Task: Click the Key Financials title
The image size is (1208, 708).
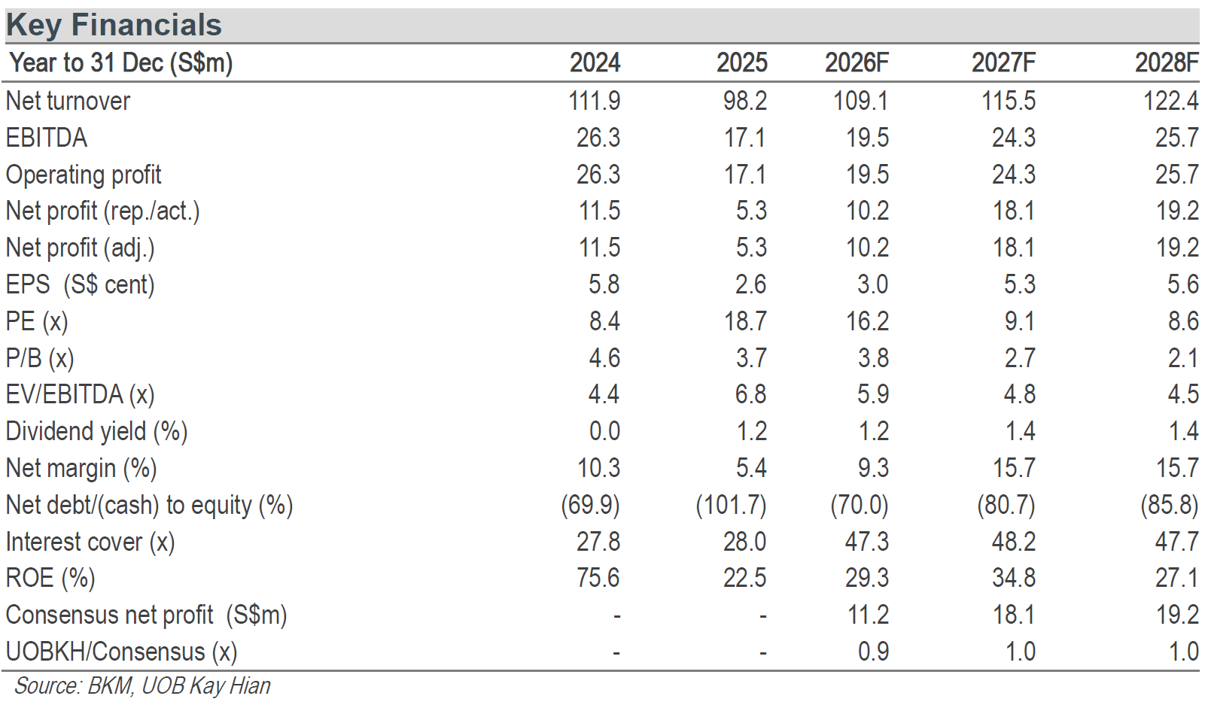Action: coord(114,26)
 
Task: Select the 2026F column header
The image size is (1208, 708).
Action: coord(857,63)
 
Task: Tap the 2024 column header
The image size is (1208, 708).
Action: coord(595,63)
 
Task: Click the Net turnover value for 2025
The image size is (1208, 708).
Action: coord(745,101)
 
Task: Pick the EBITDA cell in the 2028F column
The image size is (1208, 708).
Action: coord(1176,138)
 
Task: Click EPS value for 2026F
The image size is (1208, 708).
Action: coord(873,284)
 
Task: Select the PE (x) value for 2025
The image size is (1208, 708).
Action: coord(745,321)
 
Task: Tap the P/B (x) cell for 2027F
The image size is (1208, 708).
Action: coord(1020,357)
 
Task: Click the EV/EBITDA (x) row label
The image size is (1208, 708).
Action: coord(81,395)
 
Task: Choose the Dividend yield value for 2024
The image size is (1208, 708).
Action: coord(604,431)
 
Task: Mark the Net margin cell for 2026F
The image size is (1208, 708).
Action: coord(873,467)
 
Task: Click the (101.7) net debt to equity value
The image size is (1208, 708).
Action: coord(732,506)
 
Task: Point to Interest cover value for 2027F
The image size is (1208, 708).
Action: coord(1014,541)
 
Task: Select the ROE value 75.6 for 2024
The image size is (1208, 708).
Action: coord(598,578)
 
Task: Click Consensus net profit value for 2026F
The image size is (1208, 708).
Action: coord(866,615)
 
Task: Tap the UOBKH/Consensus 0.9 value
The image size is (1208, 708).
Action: coord(873,652)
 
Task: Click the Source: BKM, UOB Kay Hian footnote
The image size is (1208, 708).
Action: coord(142,686)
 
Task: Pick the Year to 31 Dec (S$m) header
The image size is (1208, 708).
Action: coord(121,63)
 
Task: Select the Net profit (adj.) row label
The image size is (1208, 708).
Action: coord(81,248)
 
